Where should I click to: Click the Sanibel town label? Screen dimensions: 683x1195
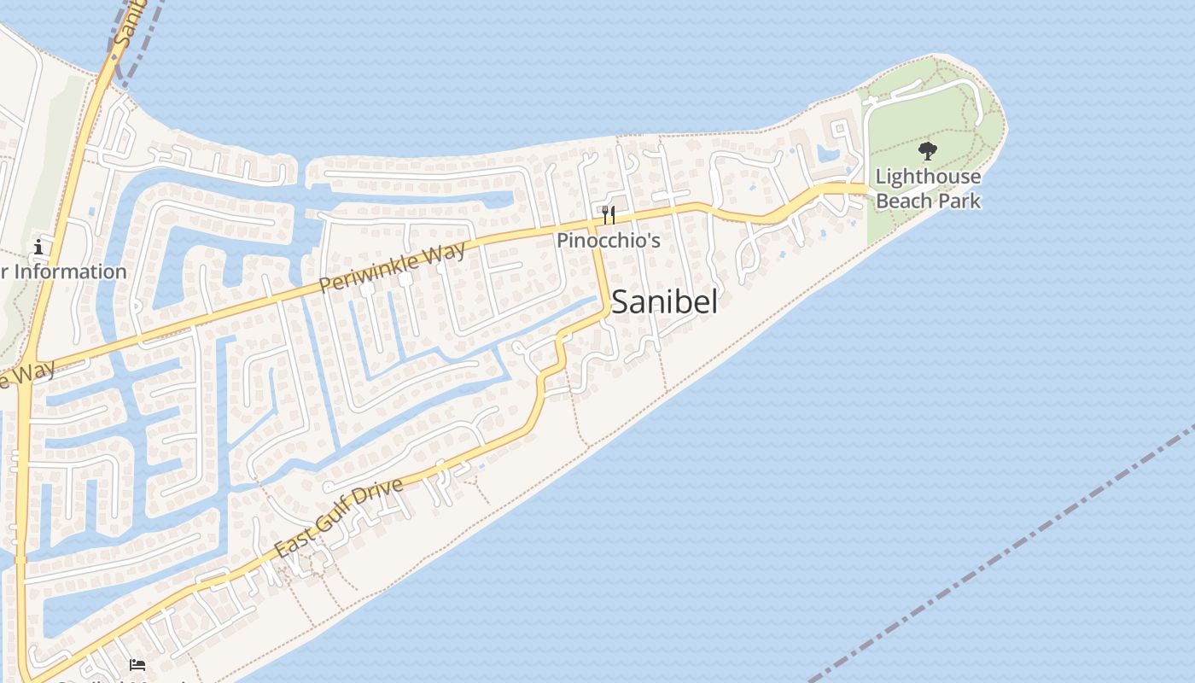click(664, 302)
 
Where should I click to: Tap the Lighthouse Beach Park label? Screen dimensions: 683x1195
click(928, 189)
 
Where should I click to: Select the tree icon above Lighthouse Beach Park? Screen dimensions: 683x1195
click(928, 152)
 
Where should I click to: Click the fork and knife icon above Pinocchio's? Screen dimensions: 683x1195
click(609, 213)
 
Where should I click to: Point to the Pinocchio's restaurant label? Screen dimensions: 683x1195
click(609, 241)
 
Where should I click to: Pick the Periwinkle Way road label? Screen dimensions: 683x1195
click(394, 266)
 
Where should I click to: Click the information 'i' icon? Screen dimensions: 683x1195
click(38, 248)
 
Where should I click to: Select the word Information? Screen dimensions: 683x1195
click(71, 271)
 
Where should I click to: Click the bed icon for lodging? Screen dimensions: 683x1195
click(137, 664)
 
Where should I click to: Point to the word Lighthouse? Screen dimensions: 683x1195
click(928, 177)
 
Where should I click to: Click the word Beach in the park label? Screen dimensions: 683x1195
click(904, 201)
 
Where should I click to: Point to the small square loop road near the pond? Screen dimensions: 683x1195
click(841, 133)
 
